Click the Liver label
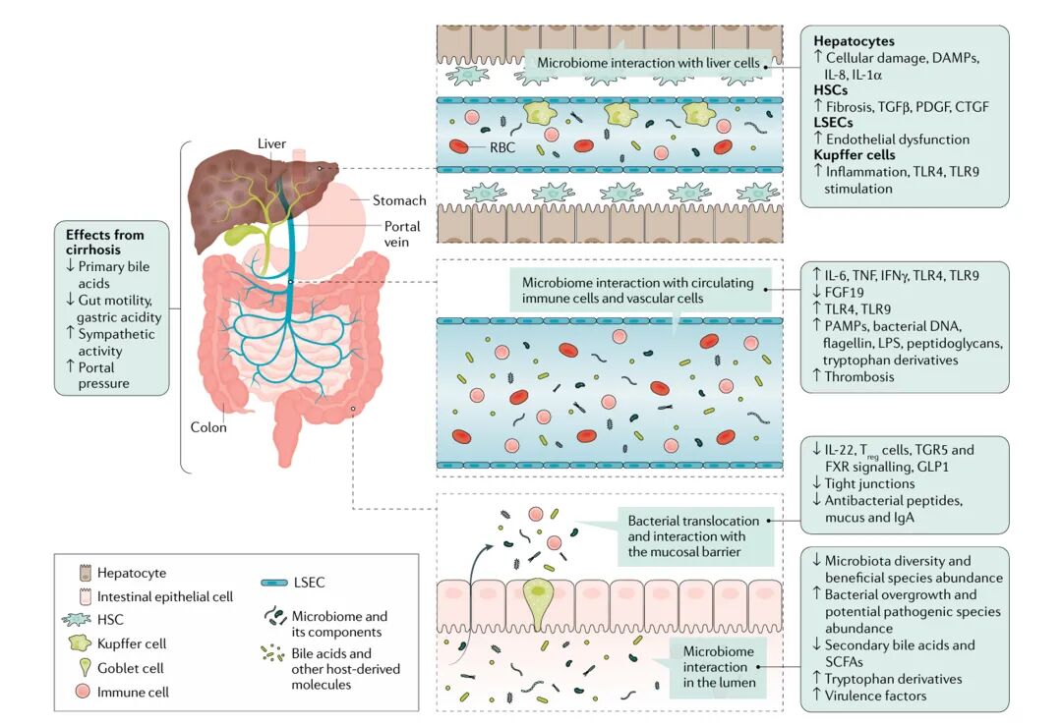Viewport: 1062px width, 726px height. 271,144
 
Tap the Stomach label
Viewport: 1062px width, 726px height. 398,201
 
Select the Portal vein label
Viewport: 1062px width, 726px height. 401,233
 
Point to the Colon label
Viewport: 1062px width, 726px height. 208,427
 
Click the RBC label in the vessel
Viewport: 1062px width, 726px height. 501,148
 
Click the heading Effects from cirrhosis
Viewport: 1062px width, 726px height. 105,243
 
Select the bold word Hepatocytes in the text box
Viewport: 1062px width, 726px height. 854,42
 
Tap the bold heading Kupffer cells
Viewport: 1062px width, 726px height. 854,155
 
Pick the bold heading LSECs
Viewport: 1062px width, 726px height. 833,122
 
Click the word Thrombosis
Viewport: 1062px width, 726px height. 860,376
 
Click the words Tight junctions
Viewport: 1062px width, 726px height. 870,483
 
